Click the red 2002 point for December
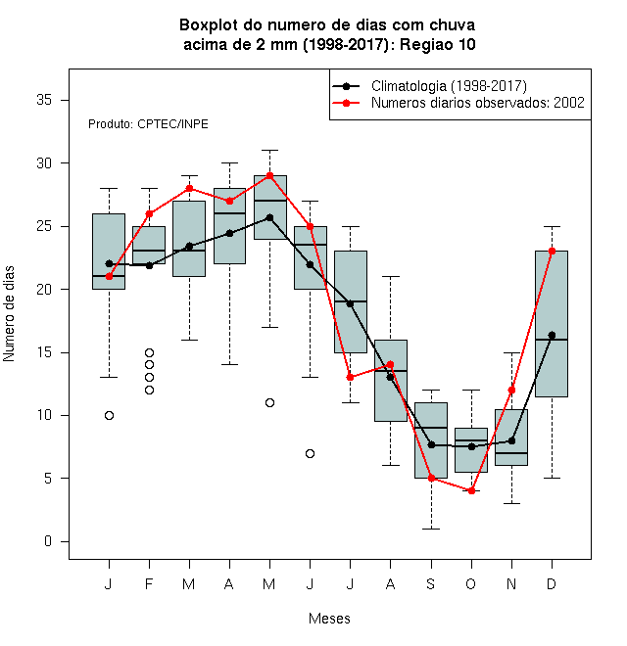(552, 251)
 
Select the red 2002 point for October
(471, 490)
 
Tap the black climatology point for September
(431, 445)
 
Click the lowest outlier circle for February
(149, 390)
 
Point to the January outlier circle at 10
(110, 415)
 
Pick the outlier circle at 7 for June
(311, 453)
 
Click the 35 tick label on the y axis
(44, 100)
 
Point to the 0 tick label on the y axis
(48, 541)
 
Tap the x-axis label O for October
(470, 583)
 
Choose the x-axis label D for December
(552, 583)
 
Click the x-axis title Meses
(329, 619)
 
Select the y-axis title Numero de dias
(9, 314)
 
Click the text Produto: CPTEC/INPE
(148, 124)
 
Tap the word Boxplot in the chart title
(209, 25)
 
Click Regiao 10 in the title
(438, 44)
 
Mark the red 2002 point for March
(189, 188)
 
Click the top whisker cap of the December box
(552, 227)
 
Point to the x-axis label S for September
(431, 583)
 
